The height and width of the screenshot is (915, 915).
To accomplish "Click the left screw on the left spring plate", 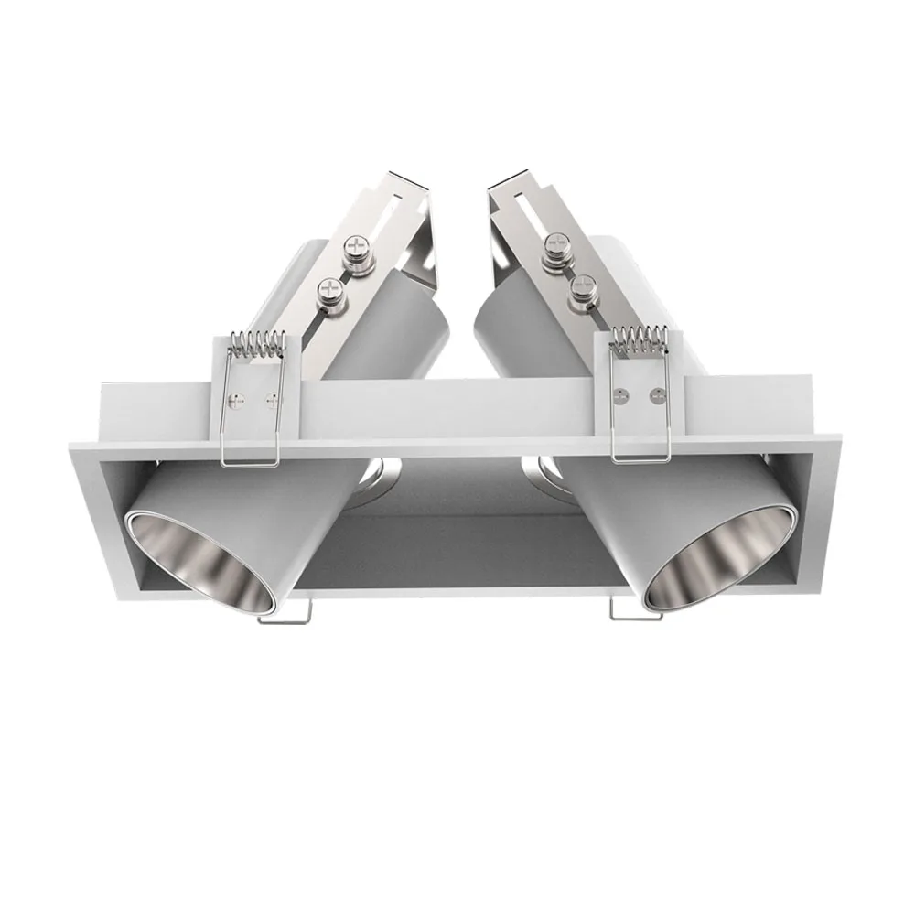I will (235, 400).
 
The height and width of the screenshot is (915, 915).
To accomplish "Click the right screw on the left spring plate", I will (270, 398).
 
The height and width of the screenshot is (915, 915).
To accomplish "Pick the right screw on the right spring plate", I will (656, 395).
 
